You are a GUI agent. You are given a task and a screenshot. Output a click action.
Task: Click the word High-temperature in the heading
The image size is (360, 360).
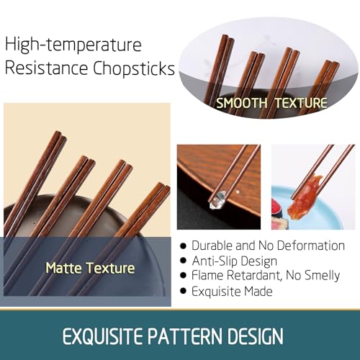coord(73,45)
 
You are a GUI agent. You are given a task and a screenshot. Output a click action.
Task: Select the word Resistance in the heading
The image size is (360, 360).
coord(46,68)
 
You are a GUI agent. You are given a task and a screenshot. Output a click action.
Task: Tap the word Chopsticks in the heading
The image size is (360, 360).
coord(134,68)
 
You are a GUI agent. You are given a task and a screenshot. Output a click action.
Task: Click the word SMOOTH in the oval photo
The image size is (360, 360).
coord(241,103)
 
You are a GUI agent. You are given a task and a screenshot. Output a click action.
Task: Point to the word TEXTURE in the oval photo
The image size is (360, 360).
coord(301,103)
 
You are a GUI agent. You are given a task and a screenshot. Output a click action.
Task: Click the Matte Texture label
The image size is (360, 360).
coord(90,268)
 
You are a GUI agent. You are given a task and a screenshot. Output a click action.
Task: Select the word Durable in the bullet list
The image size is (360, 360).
coord(212,246)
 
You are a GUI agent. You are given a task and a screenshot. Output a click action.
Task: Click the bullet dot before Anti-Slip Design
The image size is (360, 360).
coord(183,261)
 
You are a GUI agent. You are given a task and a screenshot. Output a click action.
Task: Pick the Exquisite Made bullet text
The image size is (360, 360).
coord(232,292)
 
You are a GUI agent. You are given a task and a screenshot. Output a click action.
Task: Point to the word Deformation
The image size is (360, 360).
coord(311,246)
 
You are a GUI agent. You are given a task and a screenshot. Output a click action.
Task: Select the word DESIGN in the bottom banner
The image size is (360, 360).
coord(256,336)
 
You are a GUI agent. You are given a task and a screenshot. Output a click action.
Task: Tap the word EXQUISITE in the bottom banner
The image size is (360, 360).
coord(102,336)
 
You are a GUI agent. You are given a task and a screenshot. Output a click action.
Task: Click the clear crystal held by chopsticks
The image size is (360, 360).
coord(218,199)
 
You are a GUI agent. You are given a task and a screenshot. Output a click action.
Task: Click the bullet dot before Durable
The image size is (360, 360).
coord(183,246)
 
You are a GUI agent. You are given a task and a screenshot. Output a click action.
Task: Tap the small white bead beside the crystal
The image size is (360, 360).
coord(238,192)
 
